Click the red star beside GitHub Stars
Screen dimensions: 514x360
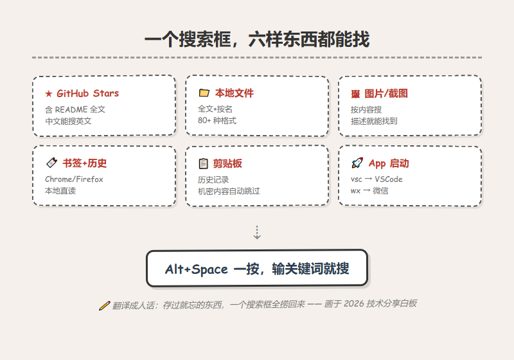(x=49, y=94)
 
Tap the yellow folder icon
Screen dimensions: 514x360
(x=204, y=93)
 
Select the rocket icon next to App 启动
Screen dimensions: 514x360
(x=357, y=163)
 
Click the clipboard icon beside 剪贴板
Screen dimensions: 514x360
(x=203, y=163)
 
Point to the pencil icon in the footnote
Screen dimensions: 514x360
(x=104, y=305)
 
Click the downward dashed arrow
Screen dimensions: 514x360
(x=257, y=232)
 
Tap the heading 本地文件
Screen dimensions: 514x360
(x=235, y=93)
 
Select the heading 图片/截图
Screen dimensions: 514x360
(x=386, y=93)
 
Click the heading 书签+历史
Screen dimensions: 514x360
(x=85, y=163)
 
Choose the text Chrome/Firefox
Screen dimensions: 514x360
(x=74, y=179)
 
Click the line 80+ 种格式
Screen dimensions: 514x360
(x=217, y=121)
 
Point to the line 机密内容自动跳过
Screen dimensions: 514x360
(x=229, y=191)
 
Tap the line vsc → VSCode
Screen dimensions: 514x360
(x=377, y=179)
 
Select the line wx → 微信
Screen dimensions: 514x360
(x=369, y=191)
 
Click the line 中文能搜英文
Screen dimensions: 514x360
(x=68, y=122)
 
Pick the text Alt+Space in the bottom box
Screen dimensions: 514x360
(x=197, y=269)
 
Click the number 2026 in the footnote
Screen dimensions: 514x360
(x=354, y=304)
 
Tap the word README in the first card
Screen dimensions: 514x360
(x=71, y=109)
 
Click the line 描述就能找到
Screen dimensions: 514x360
(x=374, y=122)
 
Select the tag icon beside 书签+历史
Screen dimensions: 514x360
(x=51, y=163)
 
